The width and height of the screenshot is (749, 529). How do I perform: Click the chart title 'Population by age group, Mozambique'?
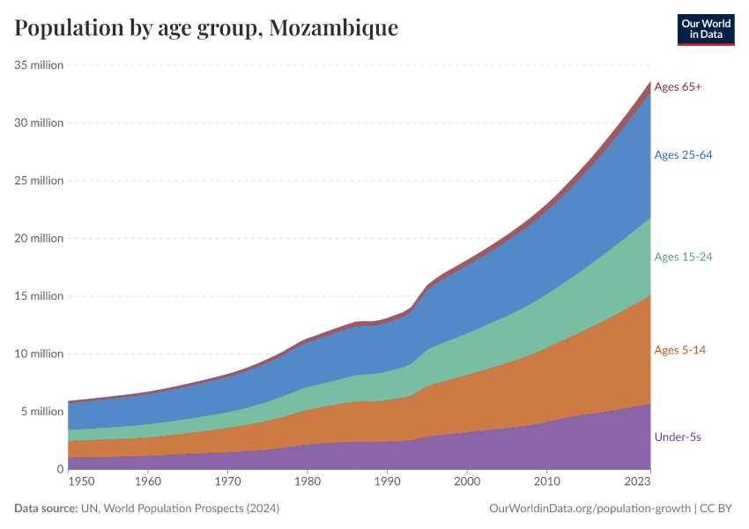(x=206, y=28)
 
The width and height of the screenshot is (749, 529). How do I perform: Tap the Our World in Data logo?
(x=705, y=29)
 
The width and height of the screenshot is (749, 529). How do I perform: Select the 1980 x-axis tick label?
(x=307, y=481)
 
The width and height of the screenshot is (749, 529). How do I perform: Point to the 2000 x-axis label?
(x=466, y=481)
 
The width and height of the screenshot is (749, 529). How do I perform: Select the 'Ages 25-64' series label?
(x=683, y=155)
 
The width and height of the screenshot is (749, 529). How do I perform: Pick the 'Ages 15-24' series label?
(x=683, y=257)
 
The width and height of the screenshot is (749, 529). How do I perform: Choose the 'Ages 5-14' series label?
(x=679, y=350)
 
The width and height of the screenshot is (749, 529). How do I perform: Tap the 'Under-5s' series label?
(x=678, y=436)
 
